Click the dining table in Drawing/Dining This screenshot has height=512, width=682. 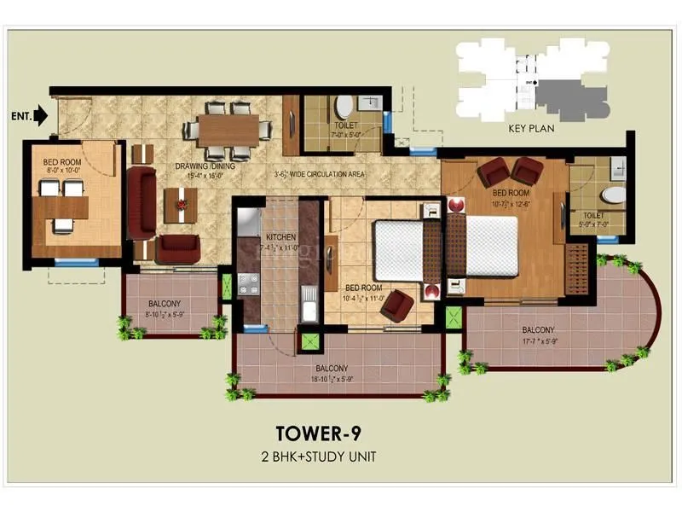tap(228, 130)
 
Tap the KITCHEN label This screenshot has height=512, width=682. tap(280, 236)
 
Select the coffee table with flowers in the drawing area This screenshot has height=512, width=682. tap(180, 203)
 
